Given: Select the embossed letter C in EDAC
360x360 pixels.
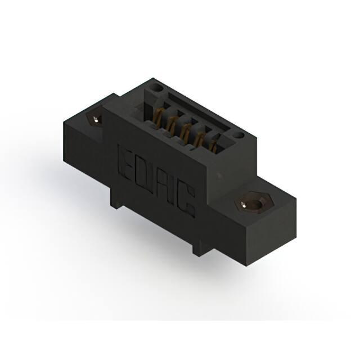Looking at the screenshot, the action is (186, 202).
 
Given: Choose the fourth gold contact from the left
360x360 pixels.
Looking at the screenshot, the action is (198, 139).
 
